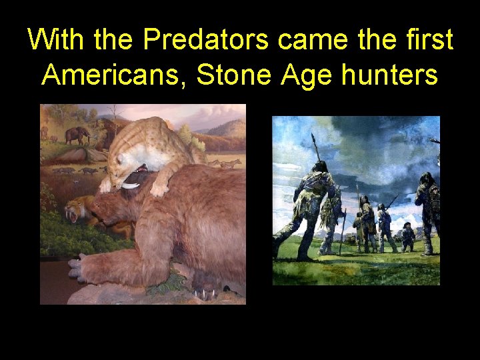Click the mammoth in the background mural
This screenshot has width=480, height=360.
(78, 135)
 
